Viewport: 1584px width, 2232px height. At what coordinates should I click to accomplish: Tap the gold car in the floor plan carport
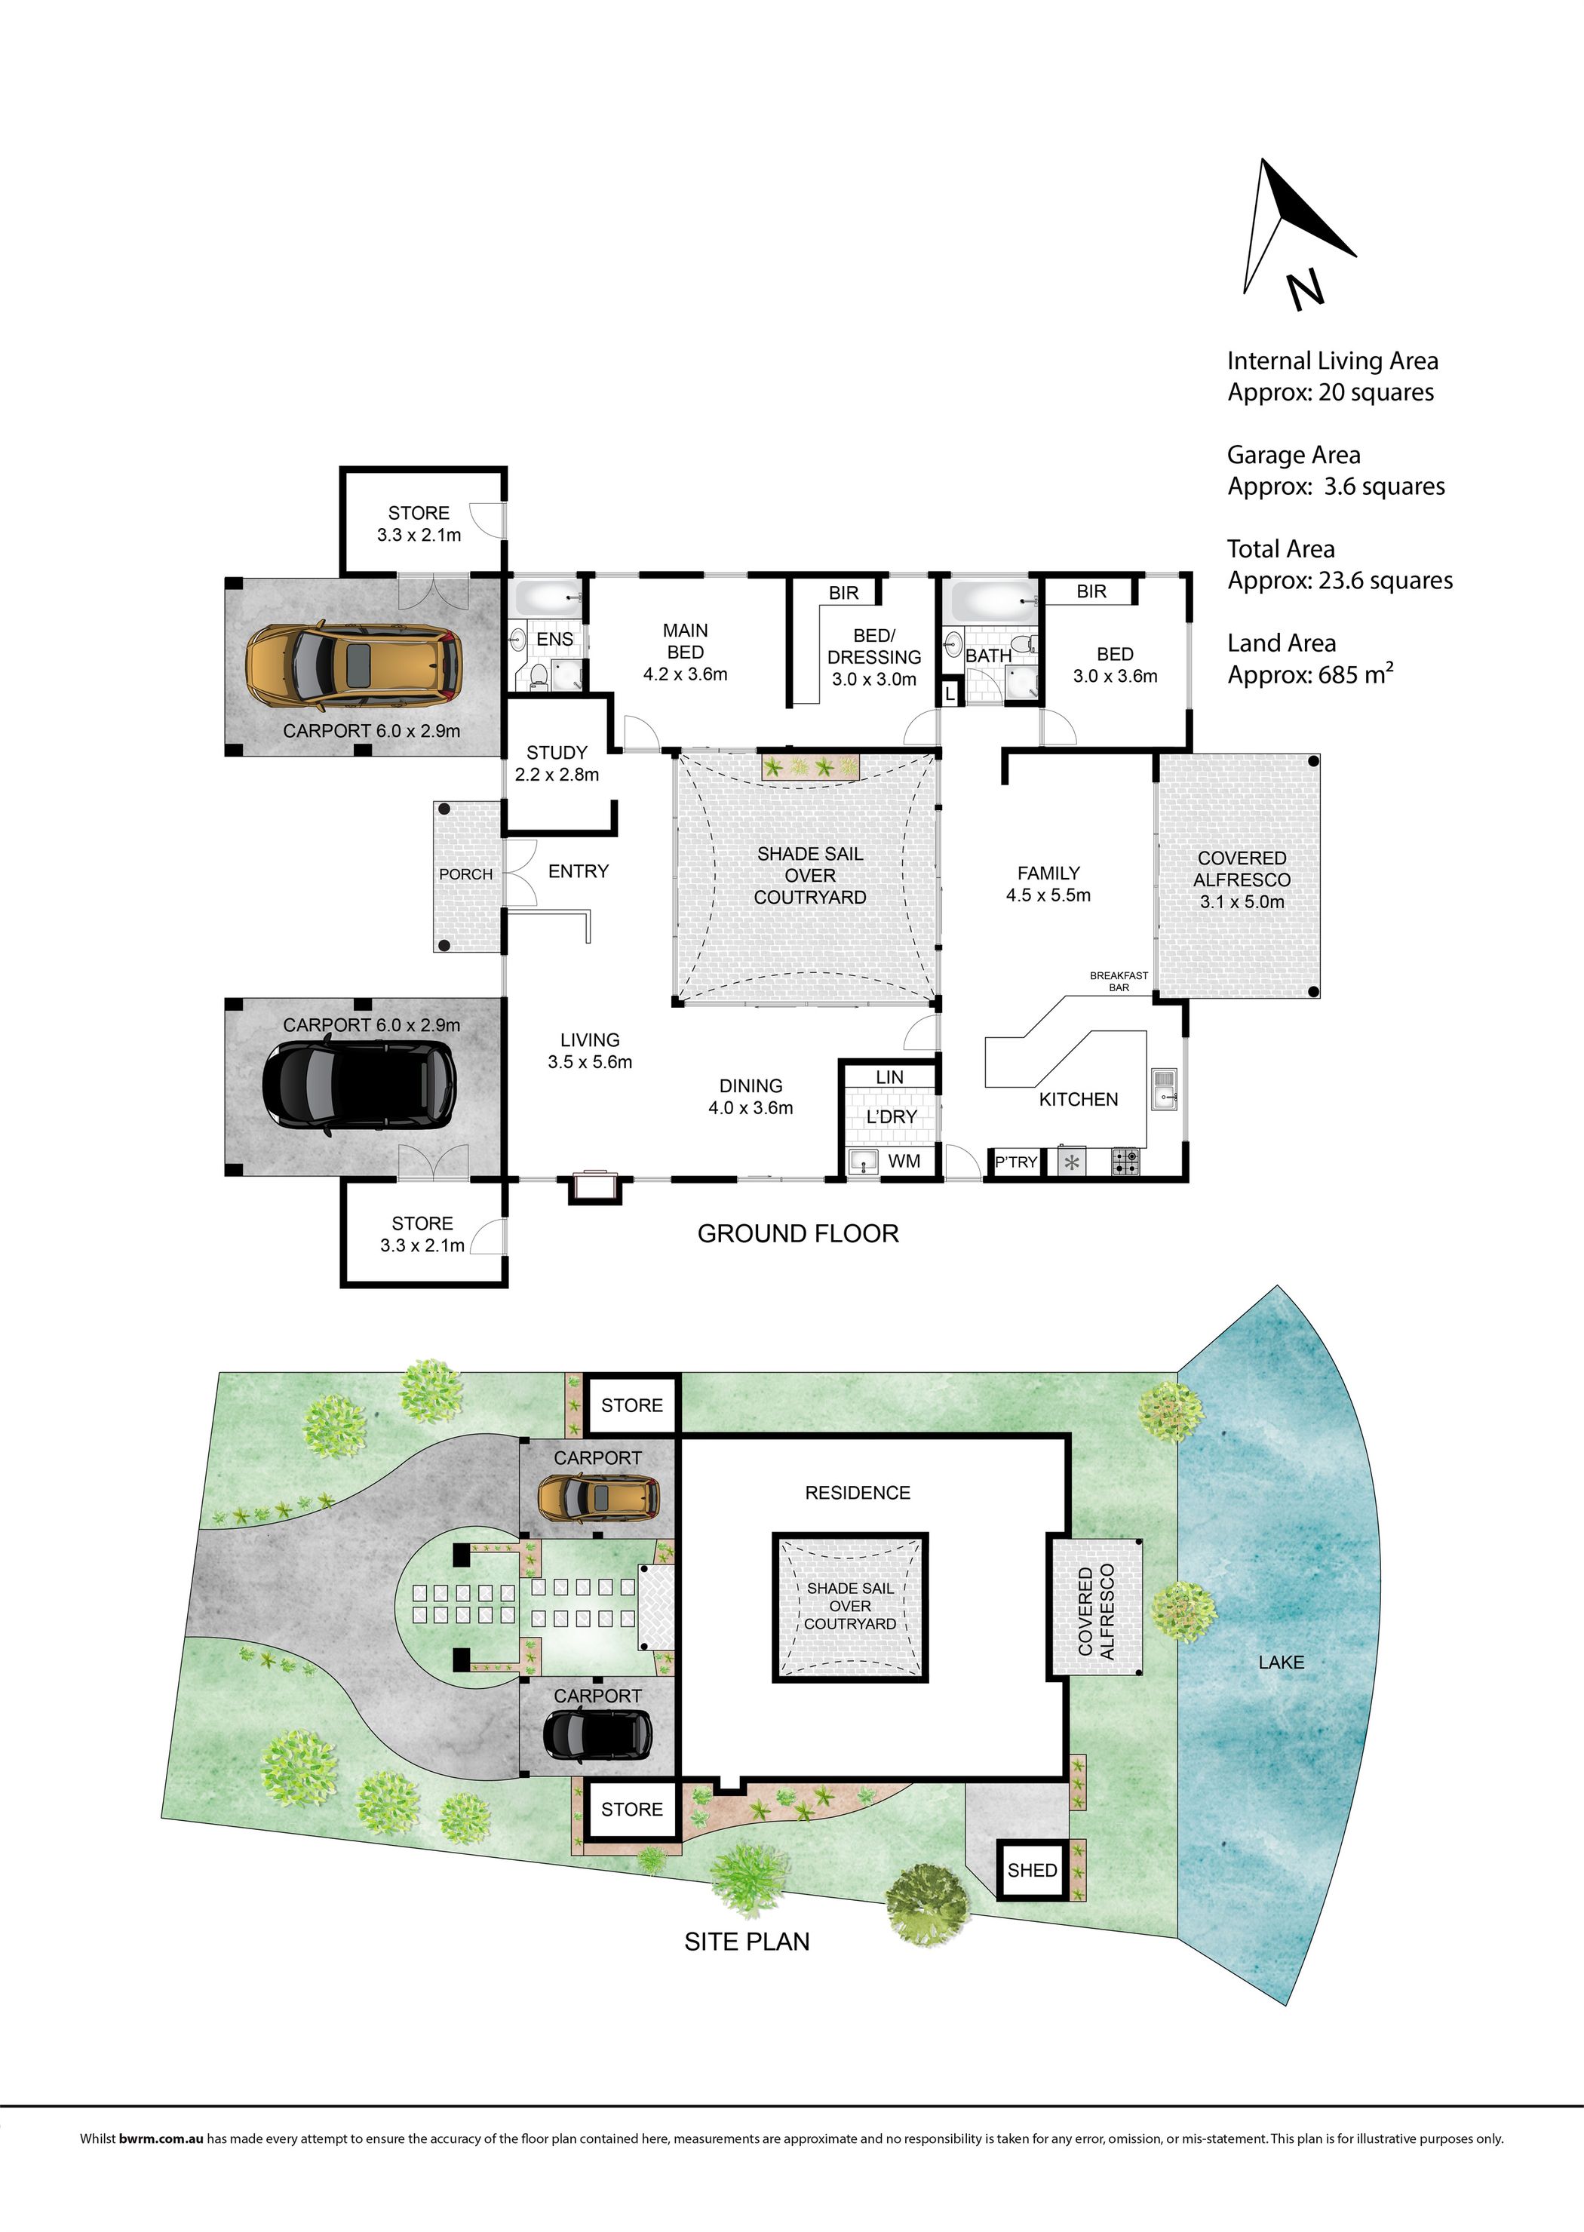click(x=354, y=663)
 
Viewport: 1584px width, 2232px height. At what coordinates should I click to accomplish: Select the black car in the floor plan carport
click(x=359, y=1088)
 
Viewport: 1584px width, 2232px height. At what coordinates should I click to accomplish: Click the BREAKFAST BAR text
click(x=1119, y=981)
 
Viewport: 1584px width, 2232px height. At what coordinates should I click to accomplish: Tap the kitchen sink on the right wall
click(x=1165, y=1088)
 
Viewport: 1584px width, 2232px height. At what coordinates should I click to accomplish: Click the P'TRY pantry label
click(x=1016, y=1162)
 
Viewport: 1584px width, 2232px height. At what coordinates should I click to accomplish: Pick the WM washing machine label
click(x=904, y=1161)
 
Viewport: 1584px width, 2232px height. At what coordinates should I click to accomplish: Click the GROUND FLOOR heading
click(x=798, y=1234)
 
